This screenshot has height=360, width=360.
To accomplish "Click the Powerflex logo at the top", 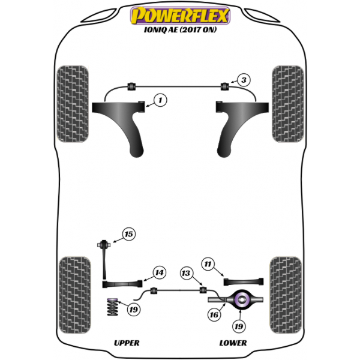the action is pyautogui.click(x=180, y=16).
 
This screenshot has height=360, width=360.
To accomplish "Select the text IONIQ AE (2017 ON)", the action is pyautogui.click(x=180, y=30).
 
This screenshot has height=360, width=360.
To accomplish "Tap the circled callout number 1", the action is pyautogui.click(x=160, y=100).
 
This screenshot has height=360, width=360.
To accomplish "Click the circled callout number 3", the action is pyautogui.click(x=244, y=80).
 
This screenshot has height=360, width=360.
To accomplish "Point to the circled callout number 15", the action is pyautogui.click(x=129, y=234).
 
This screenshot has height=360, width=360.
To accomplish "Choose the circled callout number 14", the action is pyautogui.click(x=160, y=272).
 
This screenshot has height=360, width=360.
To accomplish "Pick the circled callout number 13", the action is pyautogui.click(x=186, y=273).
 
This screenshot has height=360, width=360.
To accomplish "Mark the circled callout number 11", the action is pyautogui.click(x=208, y=264).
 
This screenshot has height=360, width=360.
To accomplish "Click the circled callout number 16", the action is pyautogui.click(x=214, y=314).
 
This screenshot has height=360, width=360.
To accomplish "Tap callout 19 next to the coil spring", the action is pyautogui.click(x=134, y=310).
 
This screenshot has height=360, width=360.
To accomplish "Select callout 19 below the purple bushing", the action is pyautogui.click(x=239, y=326).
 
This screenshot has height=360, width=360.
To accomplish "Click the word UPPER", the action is pyautogui.click(x=127, y=343).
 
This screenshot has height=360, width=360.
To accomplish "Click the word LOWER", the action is pyautogui.click(x=233, y=343).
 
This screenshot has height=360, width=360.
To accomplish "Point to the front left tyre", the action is pyautogui.click(x=73, y=104).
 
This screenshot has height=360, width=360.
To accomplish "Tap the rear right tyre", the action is pyautogui.click(x=286, y=295).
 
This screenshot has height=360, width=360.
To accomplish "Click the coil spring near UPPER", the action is pyautogui.click(x=113, y=307).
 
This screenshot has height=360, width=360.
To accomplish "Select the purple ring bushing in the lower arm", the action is pyautogui.click(x=241, y=299).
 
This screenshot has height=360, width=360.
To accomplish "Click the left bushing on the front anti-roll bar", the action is pyautogui.click(x=131, y=86).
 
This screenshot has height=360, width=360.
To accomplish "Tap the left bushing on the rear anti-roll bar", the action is pyautogui.click(x=154, y=290).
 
